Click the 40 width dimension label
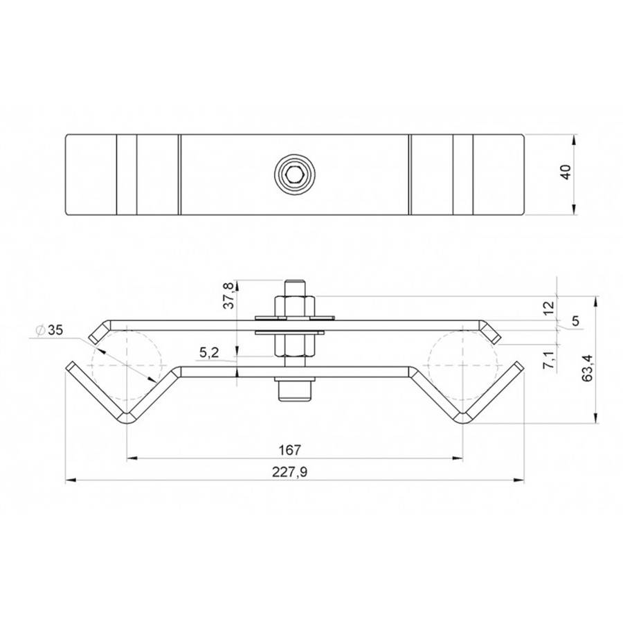pos(566,172)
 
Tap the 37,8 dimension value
pos(228,295)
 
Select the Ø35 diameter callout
pos(49,330)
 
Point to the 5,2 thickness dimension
pos(209,353)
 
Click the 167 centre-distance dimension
pos(289,450)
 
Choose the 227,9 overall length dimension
pos(289,472)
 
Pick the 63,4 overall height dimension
pos(587,368)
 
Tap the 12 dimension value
pos(548,308)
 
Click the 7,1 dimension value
pos(548,359)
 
